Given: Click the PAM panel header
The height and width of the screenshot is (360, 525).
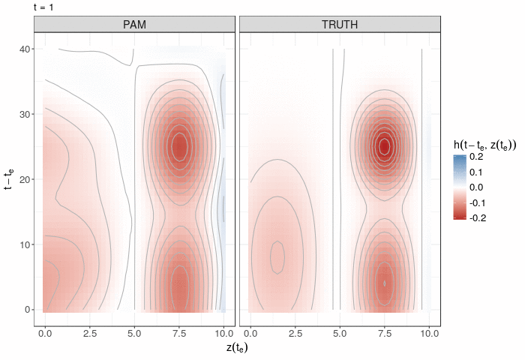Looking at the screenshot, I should click(x=135, y=25).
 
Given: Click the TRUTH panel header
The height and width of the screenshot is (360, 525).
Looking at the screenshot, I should click(x=339, y=25).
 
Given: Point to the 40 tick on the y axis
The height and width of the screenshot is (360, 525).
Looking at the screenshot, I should click(x=25, y=49).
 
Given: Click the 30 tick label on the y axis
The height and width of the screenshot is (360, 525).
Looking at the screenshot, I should click(x=25, y=115).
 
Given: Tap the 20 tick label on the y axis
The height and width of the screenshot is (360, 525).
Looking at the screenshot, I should click(x=25, y=180).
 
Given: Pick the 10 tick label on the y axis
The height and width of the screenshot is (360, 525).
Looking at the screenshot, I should click(x=25, y=244).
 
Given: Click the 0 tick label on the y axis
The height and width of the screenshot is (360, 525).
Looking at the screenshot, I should click(x=27, y=309).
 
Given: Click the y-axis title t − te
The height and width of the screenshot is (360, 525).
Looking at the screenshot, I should click(x=9, y=180).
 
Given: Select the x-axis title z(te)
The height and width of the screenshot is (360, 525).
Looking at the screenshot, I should click(x=237, y=348).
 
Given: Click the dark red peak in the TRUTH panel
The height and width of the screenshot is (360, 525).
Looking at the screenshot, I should click(x=384, y=146).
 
